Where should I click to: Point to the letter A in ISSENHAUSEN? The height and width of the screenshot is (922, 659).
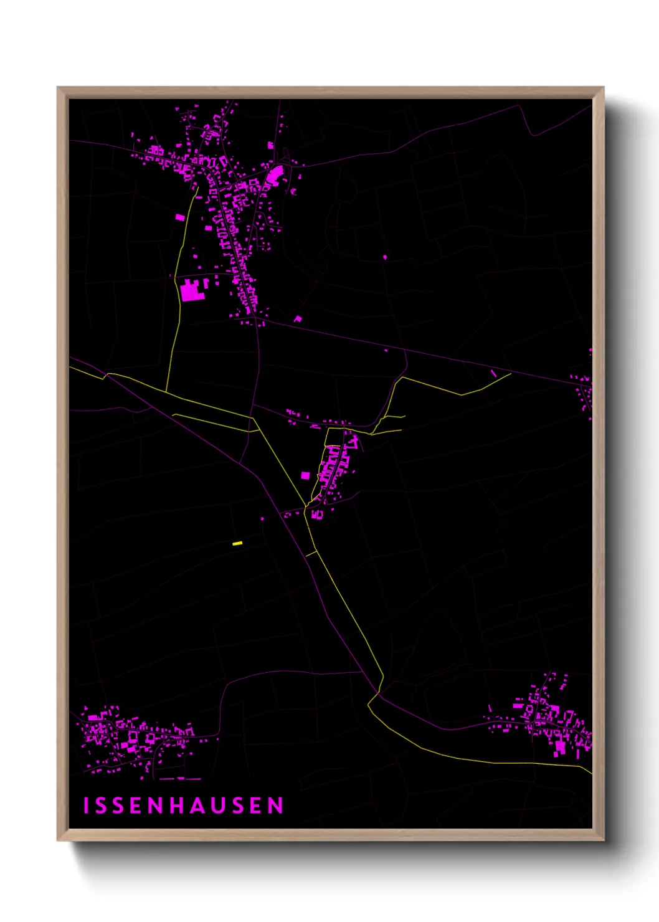197,806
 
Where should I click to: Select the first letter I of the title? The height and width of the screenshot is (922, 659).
87,806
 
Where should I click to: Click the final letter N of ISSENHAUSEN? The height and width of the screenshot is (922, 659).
276,806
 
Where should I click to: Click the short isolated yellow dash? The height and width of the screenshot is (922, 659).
237,544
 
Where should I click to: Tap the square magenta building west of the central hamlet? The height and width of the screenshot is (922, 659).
305,475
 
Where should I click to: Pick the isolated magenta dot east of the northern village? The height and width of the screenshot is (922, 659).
385,257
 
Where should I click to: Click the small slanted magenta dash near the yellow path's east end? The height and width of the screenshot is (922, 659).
494,373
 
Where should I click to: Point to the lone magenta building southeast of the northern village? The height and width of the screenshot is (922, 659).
298,319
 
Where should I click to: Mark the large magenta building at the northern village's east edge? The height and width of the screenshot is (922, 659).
275,173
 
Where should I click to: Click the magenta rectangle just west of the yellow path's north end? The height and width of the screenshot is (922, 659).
180,217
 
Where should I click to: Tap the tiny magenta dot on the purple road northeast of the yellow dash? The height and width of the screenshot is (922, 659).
262,518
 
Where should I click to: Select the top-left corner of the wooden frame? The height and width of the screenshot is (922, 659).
57,87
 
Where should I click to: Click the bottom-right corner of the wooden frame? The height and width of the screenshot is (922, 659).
604,840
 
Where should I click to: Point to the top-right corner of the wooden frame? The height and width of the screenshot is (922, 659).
604,87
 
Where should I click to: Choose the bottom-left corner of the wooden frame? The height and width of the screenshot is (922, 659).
57,840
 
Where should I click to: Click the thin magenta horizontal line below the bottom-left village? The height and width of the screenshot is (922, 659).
181,779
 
